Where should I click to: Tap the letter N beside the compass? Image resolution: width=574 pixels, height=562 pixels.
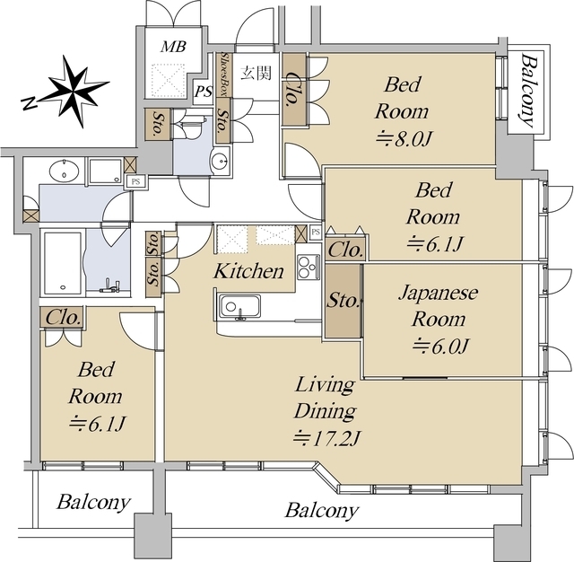coord(30,103)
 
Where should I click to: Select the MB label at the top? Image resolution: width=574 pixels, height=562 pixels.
coord(174,47)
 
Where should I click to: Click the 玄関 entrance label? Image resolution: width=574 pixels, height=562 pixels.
coord(256,73)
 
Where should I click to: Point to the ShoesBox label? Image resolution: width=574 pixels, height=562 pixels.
coord(225,75)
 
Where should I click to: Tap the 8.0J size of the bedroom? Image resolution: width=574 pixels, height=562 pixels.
coord(404,139)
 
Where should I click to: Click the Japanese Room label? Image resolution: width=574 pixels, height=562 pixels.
coord(439,305)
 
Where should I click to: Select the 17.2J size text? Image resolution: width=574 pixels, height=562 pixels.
coord(327,437)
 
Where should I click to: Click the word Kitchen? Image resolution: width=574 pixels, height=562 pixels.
coord(248,271)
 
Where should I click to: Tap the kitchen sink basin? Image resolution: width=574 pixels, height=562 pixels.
coord(239,307)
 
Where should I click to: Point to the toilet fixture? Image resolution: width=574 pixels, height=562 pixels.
coord(191,127)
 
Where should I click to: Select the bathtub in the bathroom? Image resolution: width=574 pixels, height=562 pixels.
coord(63,263)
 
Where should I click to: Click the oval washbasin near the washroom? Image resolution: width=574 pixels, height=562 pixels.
coord(64,171)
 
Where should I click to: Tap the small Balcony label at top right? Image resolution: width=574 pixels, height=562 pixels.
coord(527,91)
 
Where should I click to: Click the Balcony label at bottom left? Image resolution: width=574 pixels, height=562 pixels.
coord(93,502)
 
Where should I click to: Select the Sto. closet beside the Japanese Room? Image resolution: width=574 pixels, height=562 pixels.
coord(343,301)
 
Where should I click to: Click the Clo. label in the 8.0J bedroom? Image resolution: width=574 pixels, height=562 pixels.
coord(293,90)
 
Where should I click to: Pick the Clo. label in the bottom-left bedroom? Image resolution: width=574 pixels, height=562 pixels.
coord(63,317)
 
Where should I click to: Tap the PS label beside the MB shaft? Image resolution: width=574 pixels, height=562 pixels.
coord(204,92)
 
